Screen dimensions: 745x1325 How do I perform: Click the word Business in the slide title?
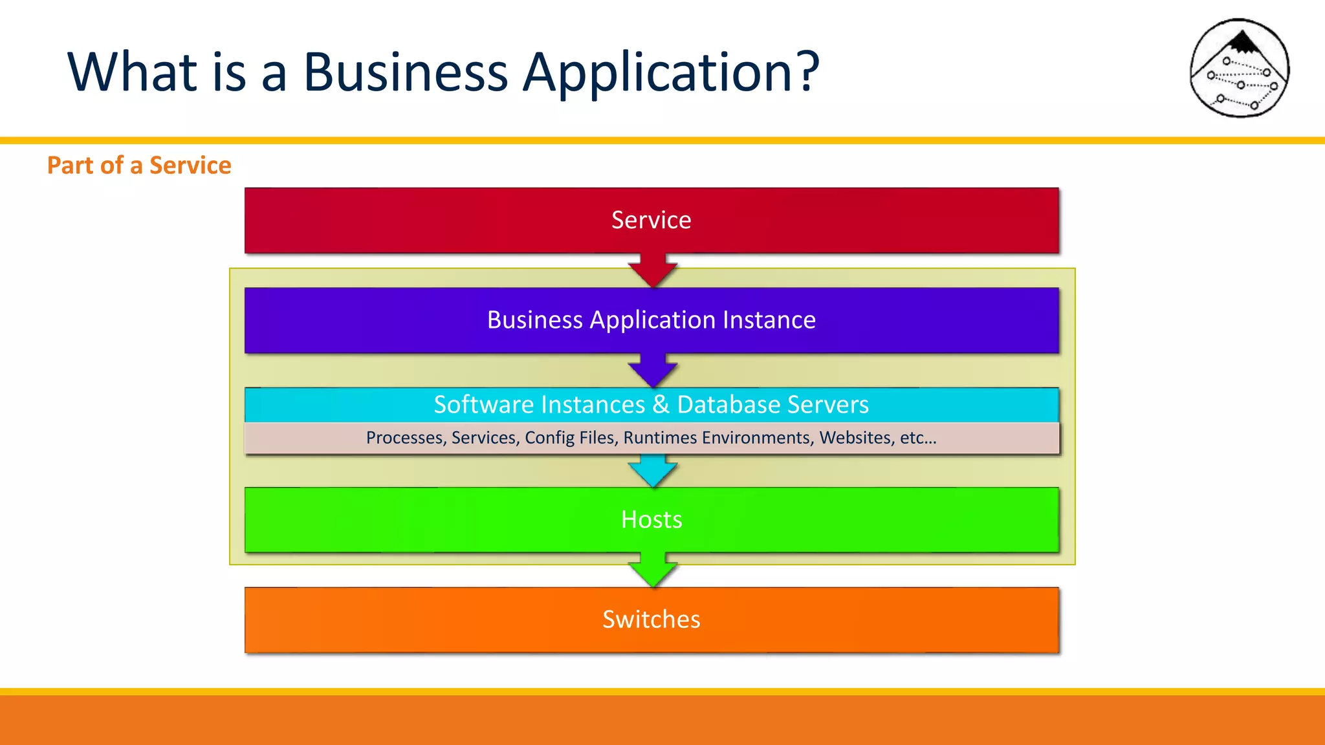[406, 72]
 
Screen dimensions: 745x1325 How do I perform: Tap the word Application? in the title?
[671, 72]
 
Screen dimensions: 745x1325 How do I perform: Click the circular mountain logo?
[1240, 69]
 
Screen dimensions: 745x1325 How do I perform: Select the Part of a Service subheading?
[139, 166]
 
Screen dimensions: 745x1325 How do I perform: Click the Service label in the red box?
[651, 221]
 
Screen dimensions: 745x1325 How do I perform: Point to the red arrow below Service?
[652, 270]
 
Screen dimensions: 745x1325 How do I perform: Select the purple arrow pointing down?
[652, 370]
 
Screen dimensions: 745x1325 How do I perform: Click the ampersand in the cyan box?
[661, 405]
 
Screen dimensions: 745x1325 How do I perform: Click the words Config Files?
[569, 438]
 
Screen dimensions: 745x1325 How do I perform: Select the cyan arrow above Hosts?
[652, 471]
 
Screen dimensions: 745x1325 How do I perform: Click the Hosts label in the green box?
[651, 520]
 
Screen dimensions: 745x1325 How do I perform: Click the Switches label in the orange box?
[651, 620]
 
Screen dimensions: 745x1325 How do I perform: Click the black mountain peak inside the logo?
[1241, 43]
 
